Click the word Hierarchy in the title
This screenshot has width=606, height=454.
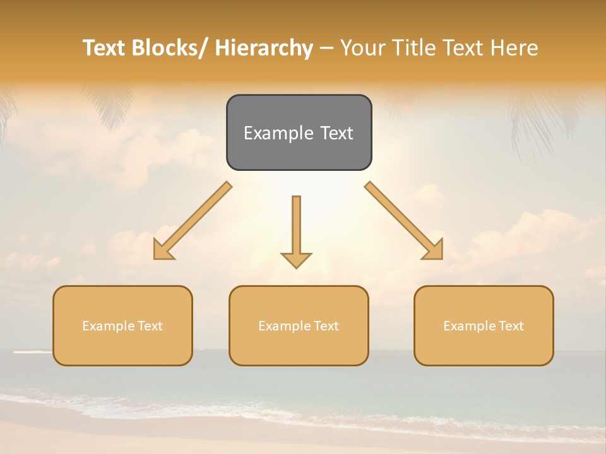264,48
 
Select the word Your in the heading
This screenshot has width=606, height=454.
362,48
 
